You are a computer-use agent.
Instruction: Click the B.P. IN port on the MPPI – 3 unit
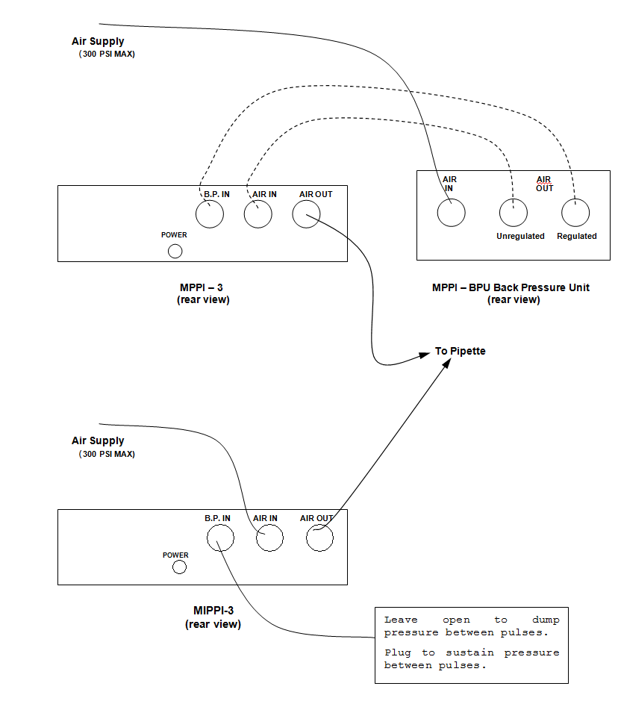coord(210,215)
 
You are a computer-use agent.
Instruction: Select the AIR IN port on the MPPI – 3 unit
coord(258,215)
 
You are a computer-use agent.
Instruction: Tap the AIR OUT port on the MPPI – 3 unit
coord(306,215)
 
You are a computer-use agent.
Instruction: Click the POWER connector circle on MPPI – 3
coord(175,251)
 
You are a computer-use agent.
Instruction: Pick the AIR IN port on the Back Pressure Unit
coord(451,213)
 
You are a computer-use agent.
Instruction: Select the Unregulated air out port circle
coord(513,213)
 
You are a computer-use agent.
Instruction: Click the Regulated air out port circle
coord(575,213)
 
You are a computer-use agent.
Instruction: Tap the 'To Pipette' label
coord(461,351)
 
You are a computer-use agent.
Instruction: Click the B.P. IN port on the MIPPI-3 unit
coord(220,537)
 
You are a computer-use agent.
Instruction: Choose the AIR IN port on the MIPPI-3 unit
coord(269,537)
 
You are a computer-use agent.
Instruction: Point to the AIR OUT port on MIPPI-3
coord(319,537)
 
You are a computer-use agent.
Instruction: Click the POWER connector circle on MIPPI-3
coord(179,567)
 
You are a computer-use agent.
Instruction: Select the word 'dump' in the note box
coord(546,620)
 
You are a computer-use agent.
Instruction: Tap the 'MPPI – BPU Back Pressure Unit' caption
coord(511,287)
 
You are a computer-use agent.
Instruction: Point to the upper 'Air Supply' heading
coord(98,42)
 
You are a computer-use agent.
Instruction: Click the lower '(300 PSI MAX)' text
coord(107,454)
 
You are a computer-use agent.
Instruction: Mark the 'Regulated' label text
coord(577,236)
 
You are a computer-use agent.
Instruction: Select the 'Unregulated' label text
coord(520,236)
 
